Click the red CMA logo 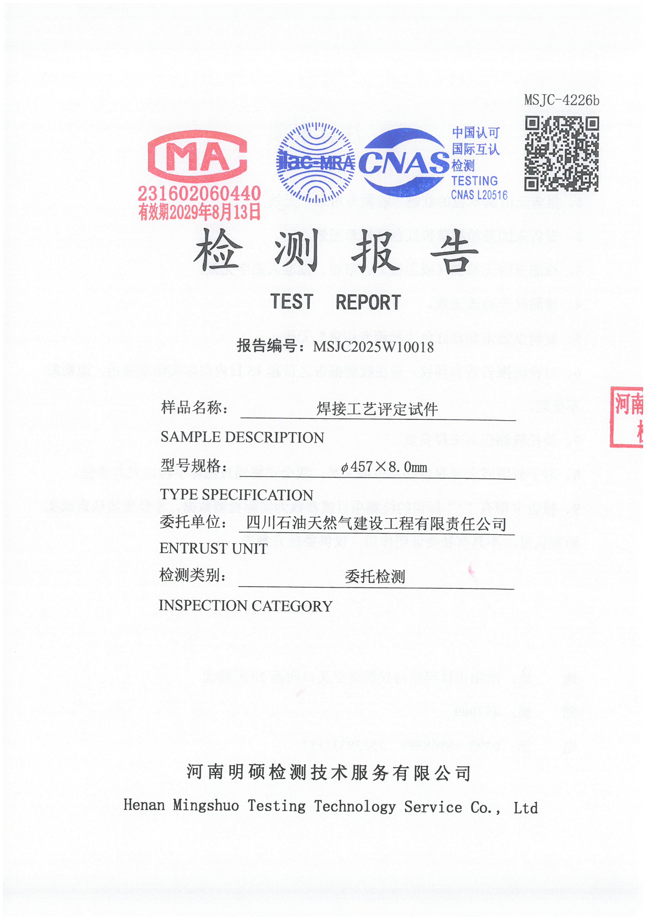click(x=197, y=156)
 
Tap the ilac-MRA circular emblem click(x=316, y=162)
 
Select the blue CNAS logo click(x=404, y=162)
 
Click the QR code click(x=561, y=154)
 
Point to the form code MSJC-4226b click(x=561, y=100)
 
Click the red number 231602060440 click(x=199, y=194)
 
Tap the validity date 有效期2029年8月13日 click(x=199, y=212)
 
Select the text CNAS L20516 click(x=479, y=195)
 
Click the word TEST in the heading click(x=291, y=302)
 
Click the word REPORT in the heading click(x=368, y=303)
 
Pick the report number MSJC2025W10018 click(x=373, y=347)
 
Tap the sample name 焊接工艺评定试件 click(x=377, y=409)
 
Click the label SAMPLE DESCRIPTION click(x=242, y=437)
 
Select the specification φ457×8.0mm click(x=384, y=467)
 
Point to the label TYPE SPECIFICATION click(x=236, y=495)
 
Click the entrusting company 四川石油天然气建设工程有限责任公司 click(x=376, y=524)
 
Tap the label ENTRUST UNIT click(x=214, y=548)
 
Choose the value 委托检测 click(x=375, y=577)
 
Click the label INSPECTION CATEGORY click(x=245, y=606)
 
